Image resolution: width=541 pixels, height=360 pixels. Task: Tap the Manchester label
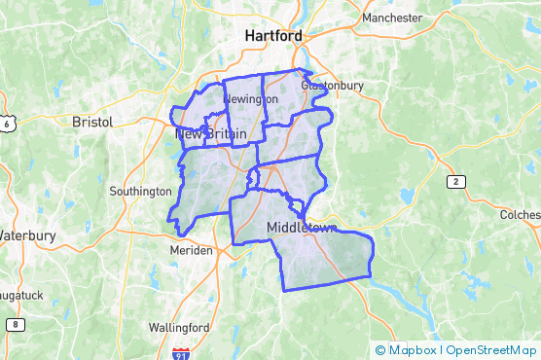pyautogui.click(x=391, y=18)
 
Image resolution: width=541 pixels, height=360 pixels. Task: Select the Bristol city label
pyautogui.click(x=92, y=122)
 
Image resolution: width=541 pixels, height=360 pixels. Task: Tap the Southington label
pyautogui.click(x=140, y=191)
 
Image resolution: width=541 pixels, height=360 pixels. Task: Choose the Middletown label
pyautogui.click(x=301, y=228)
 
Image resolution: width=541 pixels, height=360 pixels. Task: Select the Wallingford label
pyautogui.click(x=180, y=326)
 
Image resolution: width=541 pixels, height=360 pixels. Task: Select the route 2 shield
pyautogui.click(x=455, y=182)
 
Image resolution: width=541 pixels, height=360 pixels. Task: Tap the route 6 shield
pyautogui.click(x=7, y=125)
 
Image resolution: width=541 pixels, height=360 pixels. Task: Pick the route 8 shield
pyautogui.click(x=15, y=324)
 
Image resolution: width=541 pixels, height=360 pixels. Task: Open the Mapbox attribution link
pyautogui.click(x=411, y=350)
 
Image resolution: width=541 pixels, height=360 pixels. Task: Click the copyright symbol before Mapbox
pyautogui.click(x=380, y=350)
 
